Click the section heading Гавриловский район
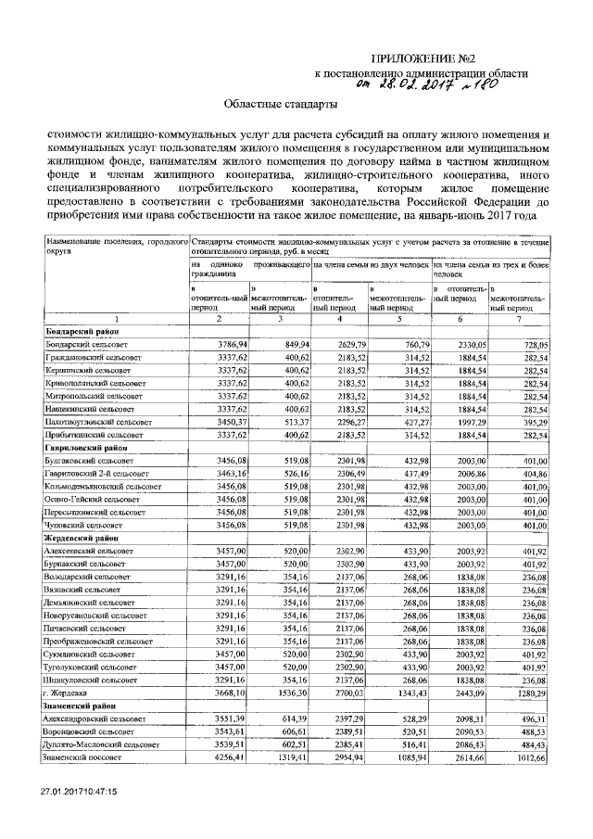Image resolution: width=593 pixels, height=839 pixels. [86, 446]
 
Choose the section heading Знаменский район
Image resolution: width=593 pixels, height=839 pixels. [82, 706]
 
